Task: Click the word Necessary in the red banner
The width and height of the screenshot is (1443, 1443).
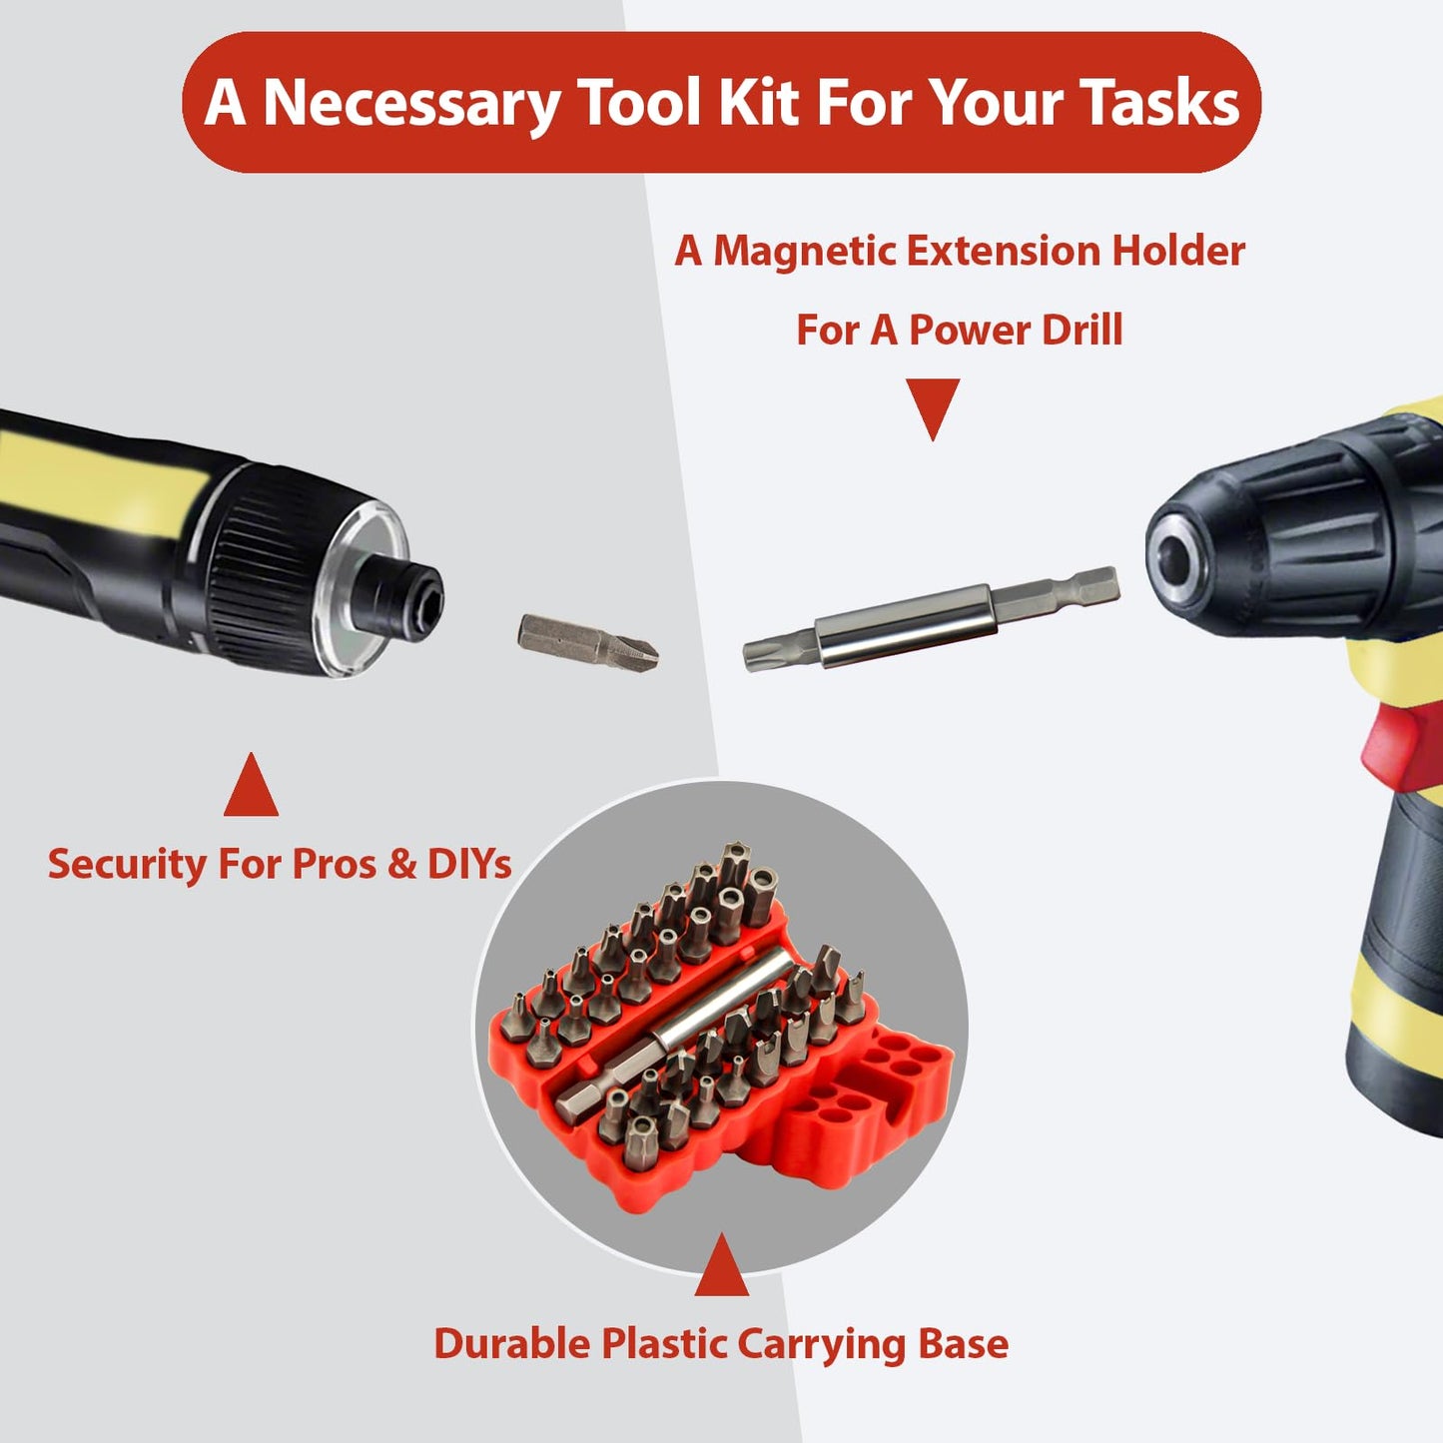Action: click(410, 104)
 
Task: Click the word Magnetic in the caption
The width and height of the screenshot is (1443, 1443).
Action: click(805, 251)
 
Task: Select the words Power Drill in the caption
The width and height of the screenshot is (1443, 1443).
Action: click(1015, 331)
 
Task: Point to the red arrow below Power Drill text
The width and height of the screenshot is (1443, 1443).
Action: click(933, 405)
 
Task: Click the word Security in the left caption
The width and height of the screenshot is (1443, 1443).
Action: click(126, 864)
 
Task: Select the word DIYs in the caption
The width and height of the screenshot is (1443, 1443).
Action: click(468, 864)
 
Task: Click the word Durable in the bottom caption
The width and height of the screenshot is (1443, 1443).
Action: click(511, 1344)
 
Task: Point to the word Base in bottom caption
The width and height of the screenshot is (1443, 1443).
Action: click(963, 1344)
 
